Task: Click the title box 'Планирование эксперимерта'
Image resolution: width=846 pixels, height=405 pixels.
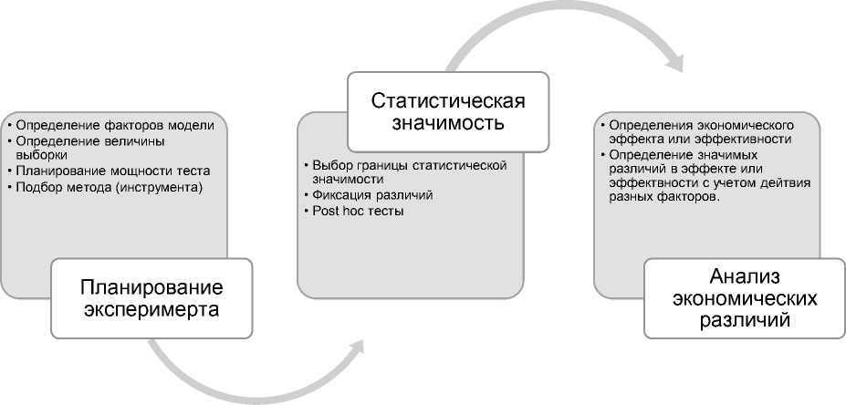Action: [151, 297]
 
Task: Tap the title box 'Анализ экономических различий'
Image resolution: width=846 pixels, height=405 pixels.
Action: [744, 298]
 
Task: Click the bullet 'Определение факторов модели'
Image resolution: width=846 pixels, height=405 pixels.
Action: [115, 125]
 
